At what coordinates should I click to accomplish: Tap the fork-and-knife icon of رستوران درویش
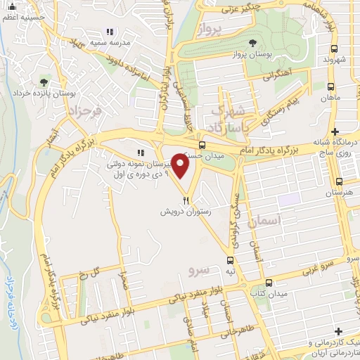click(x=186, y=200)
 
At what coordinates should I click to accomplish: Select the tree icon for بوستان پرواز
click(x=253, y=44)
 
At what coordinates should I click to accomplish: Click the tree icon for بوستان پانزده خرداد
click(x=44, y=83)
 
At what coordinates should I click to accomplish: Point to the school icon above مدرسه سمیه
click(x=109, y=32)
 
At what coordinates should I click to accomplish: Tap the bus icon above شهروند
click(x=334, y=49)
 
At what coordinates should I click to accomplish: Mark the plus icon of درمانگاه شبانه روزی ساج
click(x=335, y=132)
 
